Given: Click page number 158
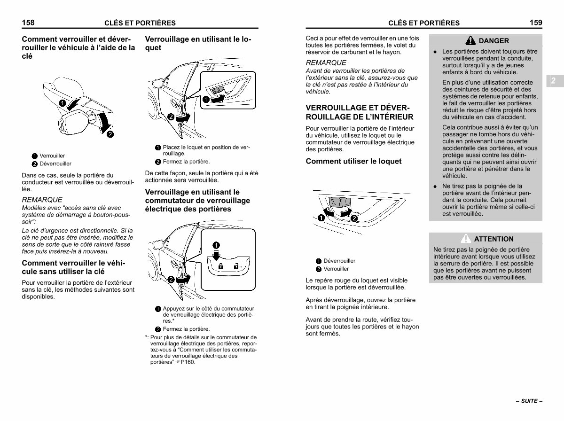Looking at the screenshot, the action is tap(28, 23).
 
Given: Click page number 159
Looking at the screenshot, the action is tap(536, 23).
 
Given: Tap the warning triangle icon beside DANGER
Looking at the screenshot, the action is tap(470, 40).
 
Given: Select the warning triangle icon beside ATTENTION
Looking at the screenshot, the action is tap(466, 239).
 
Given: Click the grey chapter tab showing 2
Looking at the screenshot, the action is tap(555, 81).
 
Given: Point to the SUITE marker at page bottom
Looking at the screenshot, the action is tap(529, 401).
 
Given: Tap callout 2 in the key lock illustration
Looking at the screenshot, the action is tap(110, 134).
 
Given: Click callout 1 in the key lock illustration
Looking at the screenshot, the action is tap(63, 103).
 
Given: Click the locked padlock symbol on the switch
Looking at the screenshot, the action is tap(220, 266).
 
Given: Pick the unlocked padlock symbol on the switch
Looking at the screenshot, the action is tap(236, 266).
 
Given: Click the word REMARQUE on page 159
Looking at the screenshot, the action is tap(326, 62).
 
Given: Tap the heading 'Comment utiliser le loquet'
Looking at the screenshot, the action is tap(353, 161).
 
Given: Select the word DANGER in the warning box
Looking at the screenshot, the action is tap(493, 40).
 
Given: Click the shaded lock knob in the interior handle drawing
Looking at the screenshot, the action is tap(340, 202).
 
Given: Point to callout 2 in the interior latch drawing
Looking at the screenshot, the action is tap(354, 218).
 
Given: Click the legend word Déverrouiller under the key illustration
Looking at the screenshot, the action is tap(55, 164).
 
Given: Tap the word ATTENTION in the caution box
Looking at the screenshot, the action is tap(493, 239).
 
